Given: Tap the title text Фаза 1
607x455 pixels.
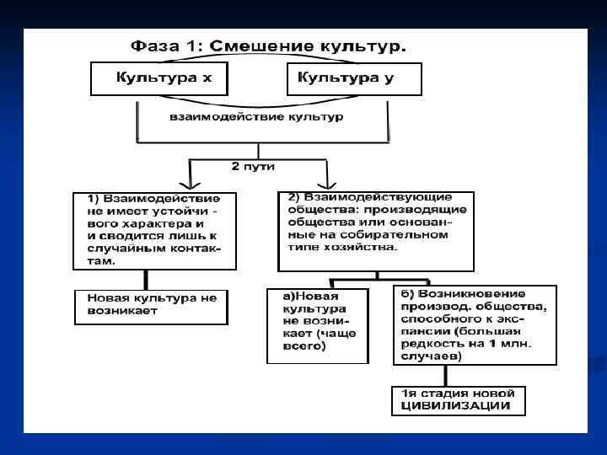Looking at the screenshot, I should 166,46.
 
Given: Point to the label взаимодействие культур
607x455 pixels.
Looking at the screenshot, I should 256,116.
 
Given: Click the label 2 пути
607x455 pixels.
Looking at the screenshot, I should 253,167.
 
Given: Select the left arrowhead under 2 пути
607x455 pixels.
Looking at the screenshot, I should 191,183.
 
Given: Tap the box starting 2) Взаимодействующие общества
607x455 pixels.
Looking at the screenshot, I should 375,230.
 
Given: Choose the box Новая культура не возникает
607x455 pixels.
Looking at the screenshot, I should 151,307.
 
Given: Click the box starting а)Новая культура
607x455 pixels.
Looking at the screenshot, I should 318,326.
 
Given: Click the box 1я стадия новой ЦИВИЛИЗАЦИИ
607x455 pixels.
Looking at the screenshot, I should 459,400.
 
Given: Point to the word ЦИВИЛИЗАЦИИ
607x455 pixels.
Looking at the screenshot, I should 456,407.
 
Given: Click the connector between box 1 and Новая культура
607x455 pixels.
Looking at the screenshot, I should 147,280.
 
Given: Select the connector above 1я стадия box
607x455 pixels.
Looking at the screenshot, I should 459,376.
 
